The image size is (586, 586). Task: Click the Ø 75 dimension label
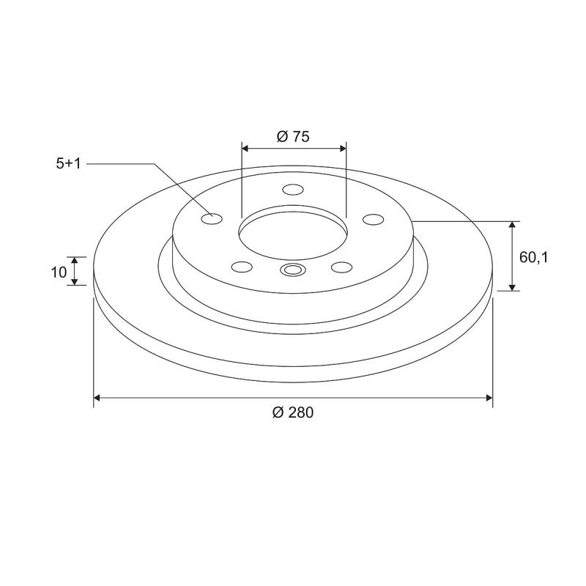click(293, 136)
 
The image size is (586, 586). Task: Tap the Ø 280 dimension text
click(293, 412)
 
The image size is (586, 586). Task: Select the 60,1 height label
click(533, 257)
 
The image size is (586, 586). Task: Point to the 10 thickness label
click(59, 272)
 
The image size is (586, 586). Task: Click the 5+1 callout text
click(68, 163)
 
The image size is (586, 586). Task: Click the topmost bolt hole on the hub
click(293, 190)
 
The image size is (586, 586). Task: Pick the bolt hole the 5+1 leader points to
click(212, 218)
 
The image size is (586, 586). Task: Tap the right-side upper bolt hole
click(374, 220)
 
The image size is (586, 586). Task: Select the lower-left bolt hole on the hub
click(242, 267)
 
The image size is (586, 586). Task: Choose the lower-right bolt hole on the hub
click(341, 267)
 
